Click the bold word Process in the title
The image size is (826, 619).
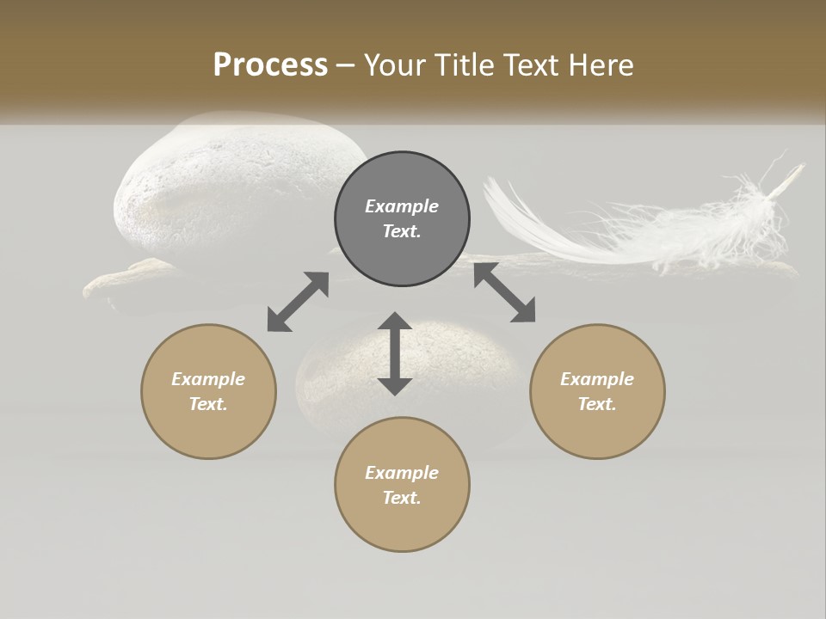tap(270, 65)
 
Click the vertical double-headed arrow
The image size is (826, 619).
tap(395, 353)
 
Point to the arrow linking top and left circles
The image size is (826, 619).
tap(298, 302)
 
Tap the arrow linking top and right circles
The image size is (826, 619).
tap(504, 292)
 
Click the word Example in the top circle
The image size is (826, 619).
tap(402, 206)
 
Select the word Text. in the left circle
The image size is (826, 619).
tap(208, 404)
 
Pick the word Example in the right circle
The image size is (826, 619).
tap(597, 379)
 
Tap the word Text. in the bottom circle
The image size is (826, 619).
tap(402, 498)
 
